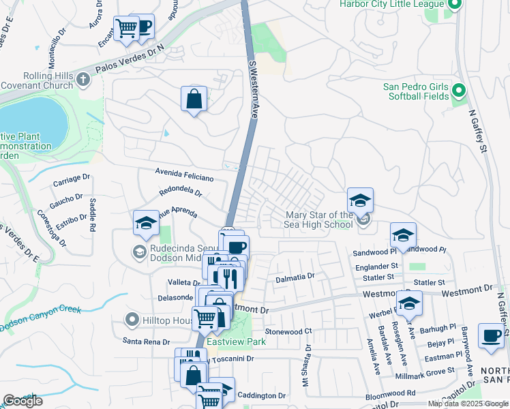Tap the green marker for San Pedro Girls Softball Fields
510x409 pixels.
(x=458, y=90)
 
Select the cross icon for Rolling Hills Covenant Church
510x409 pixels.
(x=84, y=80)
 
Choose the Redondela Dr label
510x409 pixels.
(x=181, y=193)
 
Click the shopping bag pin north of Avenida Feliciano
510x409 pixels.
(x=194, y=99)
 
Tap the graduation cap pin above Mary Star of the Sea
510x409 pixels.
(x=360, y=200)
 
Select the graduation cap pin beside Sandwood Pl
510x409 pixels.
(x=404, y=235)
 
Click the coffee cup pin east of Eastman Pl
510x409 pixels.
(x=491, y=335)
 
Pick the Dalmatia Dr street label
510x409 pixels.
(x=294, y=277)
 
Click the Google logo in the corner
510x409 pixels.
(x=22, y=400)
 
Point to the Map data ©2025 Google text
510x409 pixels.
(x=467, y=404)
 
